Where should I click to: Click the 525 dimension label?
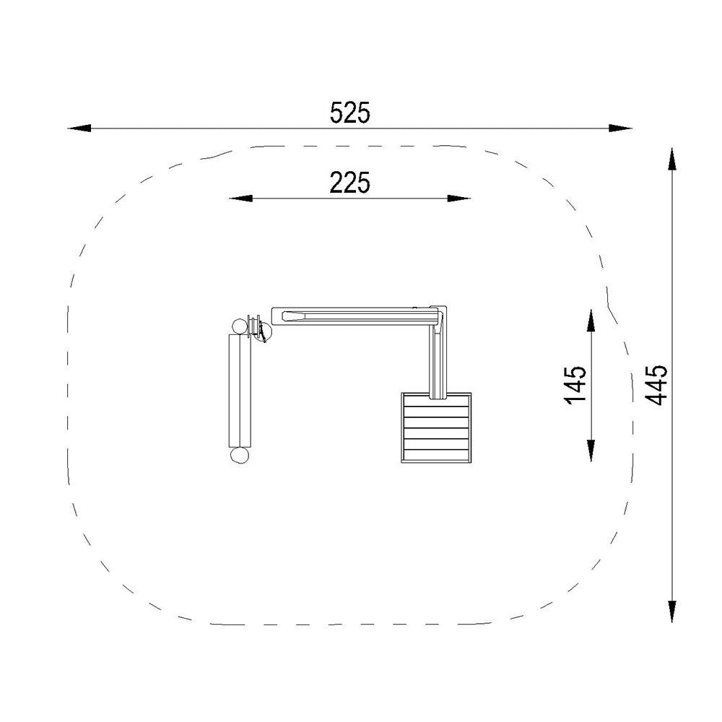pos(350,113)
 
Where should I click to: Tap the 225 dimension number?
pos(350,183)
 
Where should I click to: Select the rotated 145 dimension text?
pos(575,385)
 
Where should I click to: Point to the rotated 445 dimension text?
pos(656,385)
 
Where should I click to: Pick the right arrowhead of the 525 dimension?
pos(621,128)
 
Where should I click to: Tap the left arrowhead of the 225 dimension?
pos(241,199)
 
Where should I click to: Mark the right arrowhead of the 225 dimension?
pos(459,199)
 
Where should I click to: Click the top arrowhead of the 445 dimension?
pos(672,160)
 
